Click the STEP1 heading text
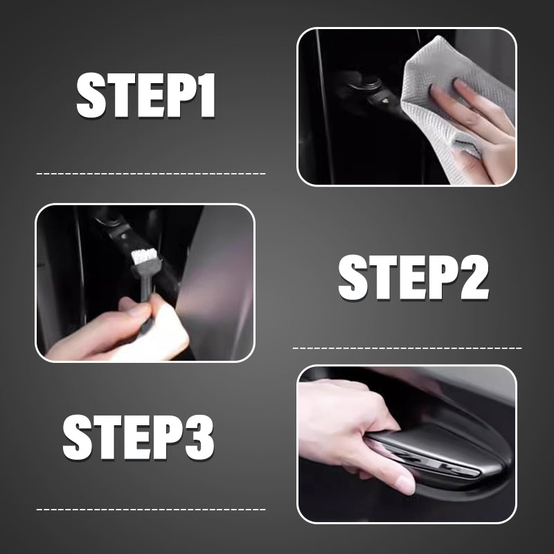click(145, 95)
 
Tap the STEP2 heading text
click(413, 278)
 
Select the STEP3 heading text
click(138, 438)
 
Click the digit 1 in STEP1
click(206, 95)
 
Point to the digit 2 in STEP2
click(474, 278)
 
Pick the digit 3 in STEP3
click(199, 438)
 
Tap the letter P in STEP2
click(443, 278)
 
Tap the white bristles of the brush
click(144, 256)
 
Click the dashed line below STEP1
click(151, 174)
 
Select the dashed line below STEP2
click(407, 348)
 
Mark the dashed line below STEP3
click(151, 510)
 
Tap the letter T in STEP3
click(108, 438)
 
